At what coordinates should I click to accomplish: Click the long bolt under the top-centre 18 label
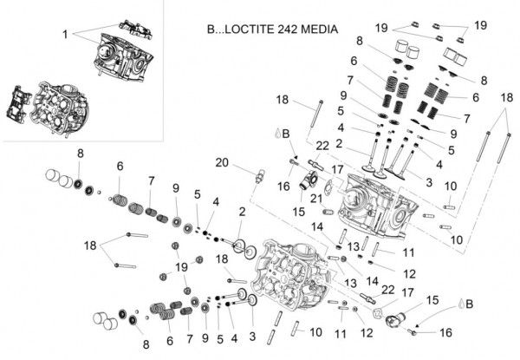pos(321,130)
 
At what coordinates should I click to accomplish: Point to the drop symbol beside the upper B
pos(276,134)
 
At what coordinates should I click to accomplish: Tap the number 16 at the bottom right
pos(447,332)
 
